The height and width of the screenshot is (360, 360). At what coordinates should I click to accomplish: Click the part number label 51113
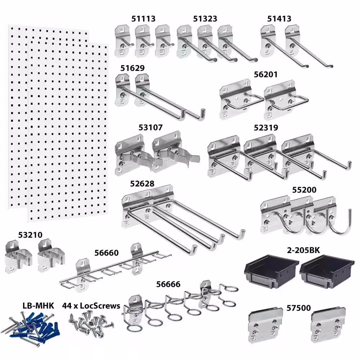143,19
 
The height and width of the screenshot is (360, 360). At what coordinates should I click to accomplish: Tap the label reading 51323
205,19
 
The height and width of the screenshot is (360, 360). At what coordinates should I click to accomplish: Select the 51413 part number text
279,19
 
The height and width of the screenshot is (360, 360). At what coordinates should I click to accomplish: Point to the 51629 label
132,68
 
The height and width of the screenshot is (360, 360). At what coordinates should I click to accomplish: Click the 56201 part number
266,75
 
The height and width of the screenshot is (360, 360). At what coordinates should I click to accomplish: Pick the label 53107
150,127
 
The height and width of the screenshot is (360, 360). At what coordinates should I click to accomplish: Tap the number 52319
266,127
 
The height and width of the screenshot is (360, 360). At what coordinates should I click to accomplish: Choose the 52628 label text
142,184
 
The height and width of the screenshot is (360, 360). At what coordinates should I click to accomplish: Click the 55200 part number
304,190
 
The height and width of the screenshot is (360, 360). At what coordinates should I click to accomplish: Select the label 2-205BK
303,250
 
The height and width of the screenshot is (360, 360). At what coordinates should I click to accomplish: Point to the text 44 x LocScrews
91,306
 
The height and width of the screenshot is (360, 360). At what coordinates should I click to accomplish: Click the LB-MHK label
39,306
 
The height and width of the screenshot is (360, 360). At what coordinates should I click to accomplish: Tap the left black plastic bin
271,271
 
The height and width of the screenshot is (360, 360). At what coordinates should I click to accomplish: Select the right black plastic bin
327,271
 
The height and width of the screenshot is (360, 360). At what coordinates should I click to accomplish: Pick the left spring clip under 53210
18,257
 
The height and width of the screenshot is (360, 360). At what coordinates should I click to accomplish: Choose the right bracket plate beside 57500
328,325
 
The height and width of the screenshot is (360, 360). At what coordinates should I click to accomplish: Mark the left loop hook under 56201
241,99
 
